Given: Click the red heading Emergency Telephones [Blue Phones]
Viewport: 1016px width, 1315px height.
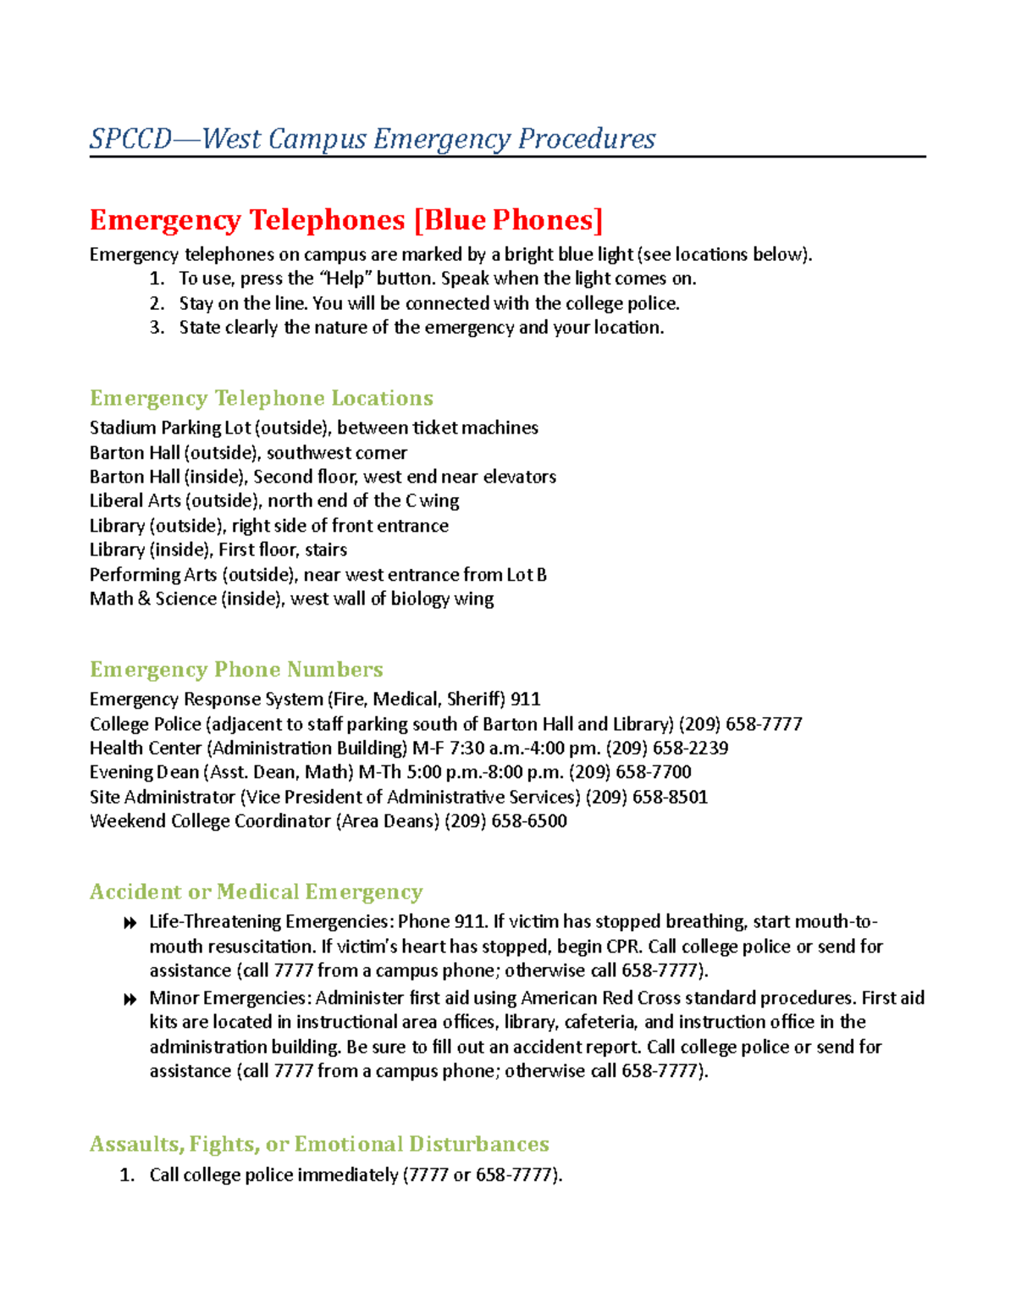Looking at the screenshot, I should [346, 220].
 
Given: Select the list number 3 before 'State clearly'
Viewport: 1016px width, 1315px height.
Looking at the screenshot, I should [157, 328].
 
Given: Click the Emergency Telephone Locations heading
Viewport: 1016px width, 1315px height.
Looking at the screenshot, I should [261, 398].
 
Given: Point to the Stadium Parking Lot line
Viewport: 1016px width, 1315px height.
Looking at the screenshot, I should [313, 428].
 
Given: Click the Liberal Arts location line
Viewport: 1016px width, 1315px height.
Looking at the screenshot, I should [274, 501].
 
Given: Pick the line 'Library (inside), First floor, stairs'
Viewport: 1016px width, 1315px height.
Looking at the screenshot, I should [218, 550].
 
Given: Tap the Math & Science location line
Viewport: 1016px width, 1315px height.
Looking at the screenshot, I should [291, 599].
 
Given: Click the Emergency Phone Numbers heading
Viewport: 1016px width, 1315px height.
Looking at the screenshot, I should [236, 670].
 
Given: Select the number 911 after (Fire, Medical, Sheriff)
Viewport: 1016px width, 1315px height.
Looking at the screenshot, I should [525, 699].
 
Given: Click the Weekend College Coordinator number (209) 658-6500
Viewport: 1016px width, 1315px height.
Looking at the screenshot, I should [505, 821].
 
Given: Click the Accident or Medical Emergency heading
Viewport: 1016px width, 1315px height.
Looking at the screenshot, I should [256, 892].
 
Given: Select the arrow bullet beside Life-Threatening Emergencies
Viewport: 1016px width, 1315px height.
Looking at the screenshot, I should [130, 923].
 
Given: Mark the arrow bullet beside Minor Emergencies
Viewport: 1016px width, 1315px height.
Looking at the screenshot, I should [130, 999].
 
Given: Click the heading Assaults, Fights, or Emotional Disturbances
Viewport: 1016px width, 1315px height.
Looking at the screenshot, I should [319, 1144].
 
